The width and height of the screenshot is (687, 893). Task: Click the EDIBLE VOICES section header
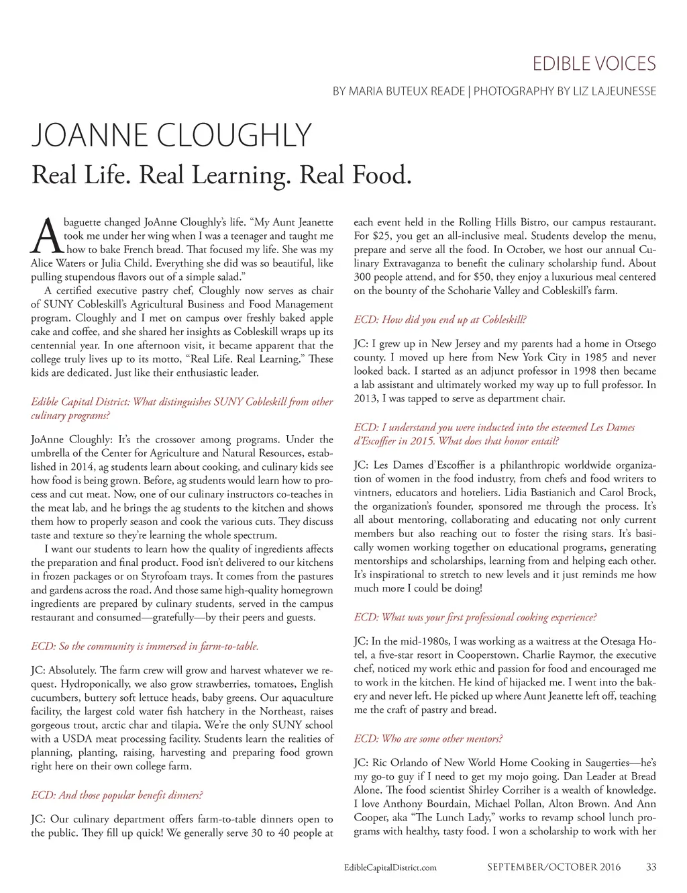594,64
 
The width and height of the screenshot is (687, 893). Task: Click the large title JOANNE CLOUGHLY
172,136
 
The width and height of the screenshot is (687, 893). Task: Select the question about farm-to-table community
145,646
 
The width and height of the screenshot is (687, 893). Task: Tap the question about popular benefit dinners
117,795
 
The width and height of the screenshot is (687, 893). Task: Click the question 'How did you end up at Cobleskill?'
440,320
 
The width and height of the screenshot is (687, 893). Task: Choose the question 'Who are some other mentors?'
428,739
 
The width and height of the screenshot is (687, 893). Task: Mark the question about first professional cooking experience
475,617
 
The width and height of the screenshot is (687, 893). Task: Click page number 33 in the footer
651,867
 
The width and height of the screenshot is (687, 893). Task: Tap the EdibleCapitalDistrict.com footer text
390,867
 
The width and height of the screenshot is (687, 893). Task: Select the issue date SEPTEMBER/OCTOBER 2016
553,867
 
